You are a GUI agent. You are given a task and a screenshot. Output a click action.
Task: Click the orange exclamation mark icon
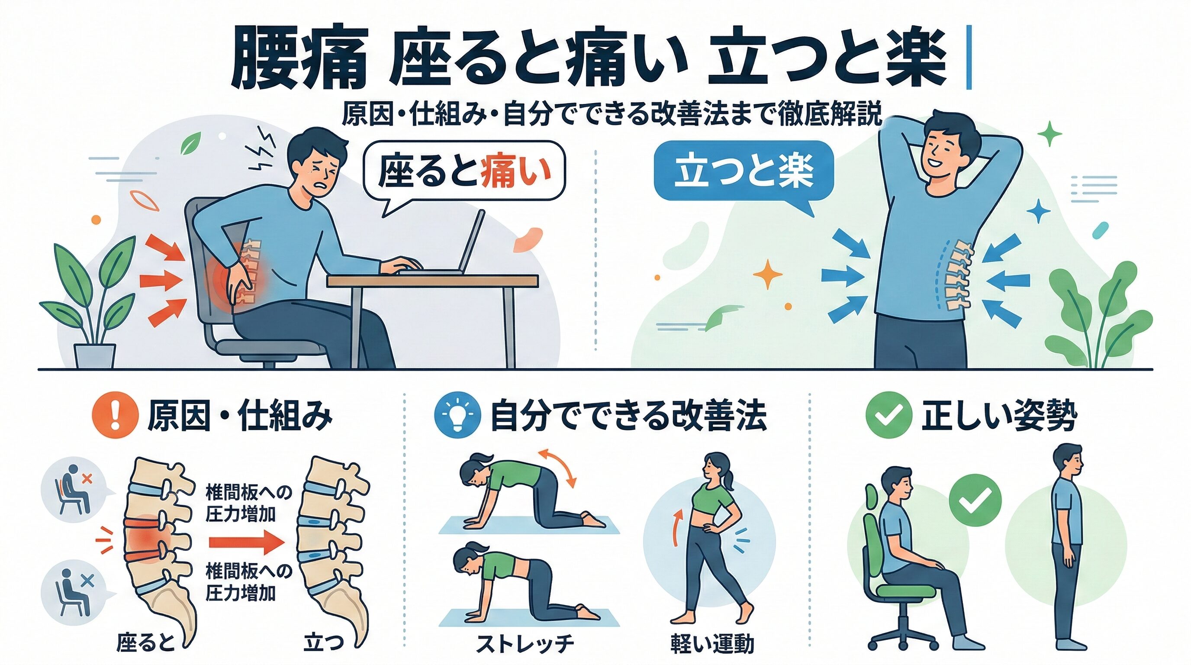point(116,414)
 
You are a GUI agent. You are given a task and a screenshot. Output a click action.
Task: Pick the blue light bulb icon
point(458,415)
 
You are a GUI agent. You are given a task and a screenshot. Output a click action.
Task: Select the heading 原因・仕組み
point(239,415)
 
